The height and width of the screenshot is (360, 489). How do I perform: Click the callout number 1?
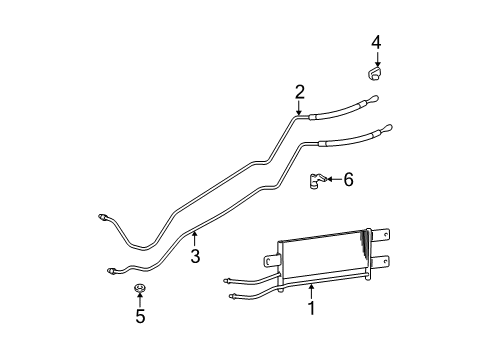click(311, 309)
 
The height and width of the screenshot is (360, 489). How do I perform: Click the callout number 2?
click(299, 92)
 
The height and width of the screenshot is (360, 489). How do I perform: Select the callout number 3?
click(195, 257)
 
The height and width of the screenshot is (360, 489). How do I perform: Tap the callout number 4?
click(376, 41)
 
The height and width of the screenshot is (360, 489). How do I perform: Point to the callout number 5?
click(140, 317)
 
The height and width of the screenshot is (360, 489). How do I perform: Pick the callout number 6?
click(348, 180)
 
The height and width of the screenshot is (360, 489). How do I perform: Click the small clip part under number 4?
click(373, 73)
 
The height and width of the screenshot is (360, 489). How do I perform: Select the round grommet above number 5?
click(140, 289)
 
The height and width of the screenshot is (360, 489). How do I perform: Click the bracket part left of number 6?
click(317, 180)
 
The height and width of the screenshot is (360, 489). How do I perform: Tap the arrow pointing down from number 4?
click(376, 57)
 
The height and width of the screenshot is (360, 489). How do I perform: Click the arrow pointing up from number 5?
click(140, 302)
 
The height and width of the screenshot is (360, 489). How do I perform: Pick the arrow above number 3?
click(195, 241)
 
